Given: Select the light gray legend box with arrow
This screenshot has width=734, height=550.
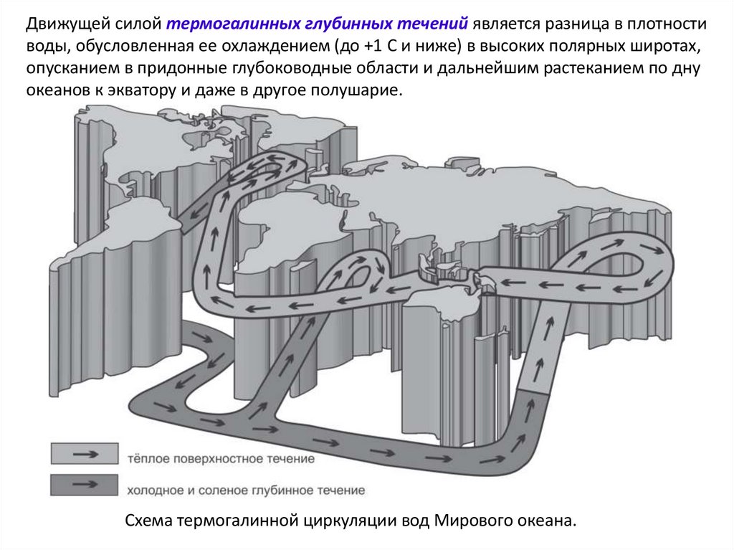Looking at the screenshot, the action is click(x=84, y=454).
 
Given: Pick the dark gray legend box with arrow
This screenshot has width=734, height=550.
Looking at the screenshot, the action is click(x=84, y=485).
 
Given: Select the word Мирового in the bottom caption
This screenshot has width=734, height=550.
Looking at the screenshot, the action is click(x=465, y=521).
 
